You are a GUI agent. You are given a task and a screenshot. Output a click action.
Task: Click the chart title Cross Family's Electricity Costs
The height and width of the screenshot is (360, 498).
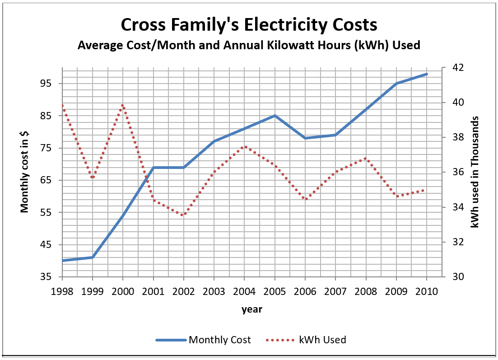249,25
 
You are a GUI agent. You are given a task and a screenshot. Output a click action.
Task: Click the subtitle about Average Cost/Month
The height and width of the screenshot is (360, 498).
249,45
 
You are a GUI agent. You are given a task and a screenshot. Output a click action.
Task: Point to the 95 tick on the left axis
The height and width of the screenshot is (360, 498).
47,84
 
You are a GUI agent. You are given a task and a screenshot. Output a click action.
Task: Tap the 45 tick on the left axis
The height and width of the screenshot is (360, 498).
47,245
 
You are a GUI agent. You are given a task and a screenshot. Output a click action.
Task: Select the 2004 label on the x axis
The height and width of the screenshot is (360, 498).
245,291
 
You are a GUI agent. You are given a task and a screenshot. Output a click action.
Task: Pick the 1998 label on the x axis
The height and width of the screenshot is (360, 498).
62,291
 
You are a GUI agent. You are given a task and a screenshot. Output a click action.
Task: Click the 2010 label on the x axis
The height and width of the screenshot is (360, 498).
427,291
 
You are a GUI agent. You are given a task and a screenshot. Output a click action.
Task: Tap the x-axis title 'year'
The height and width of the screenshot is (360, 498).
252,309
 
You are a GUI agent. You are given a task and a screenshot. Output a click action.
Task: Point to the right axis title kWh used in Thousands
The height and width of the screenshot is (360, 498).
475,172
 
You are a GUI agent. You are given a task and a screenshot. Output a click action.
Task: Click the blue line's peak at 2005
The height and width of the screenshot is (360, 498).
275,116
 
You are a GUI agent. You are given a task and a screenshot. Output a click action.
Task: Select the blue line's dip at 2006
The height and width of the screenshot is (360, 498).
305,138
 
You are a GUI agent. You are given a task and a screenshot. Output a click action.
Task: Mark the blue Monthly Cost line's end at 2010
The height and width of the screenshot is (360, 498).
427,74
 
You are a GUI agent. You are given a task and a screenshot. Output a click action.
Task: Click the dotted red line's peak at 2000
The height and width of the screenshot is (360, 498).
123,105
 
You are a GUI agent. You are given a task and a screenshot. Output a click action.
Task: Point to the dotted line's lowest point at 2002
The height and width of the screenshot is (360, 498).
183,215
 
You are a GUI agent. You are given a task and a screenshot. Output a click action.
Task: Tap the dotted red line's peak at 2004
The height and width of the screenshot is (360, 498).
245,147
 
